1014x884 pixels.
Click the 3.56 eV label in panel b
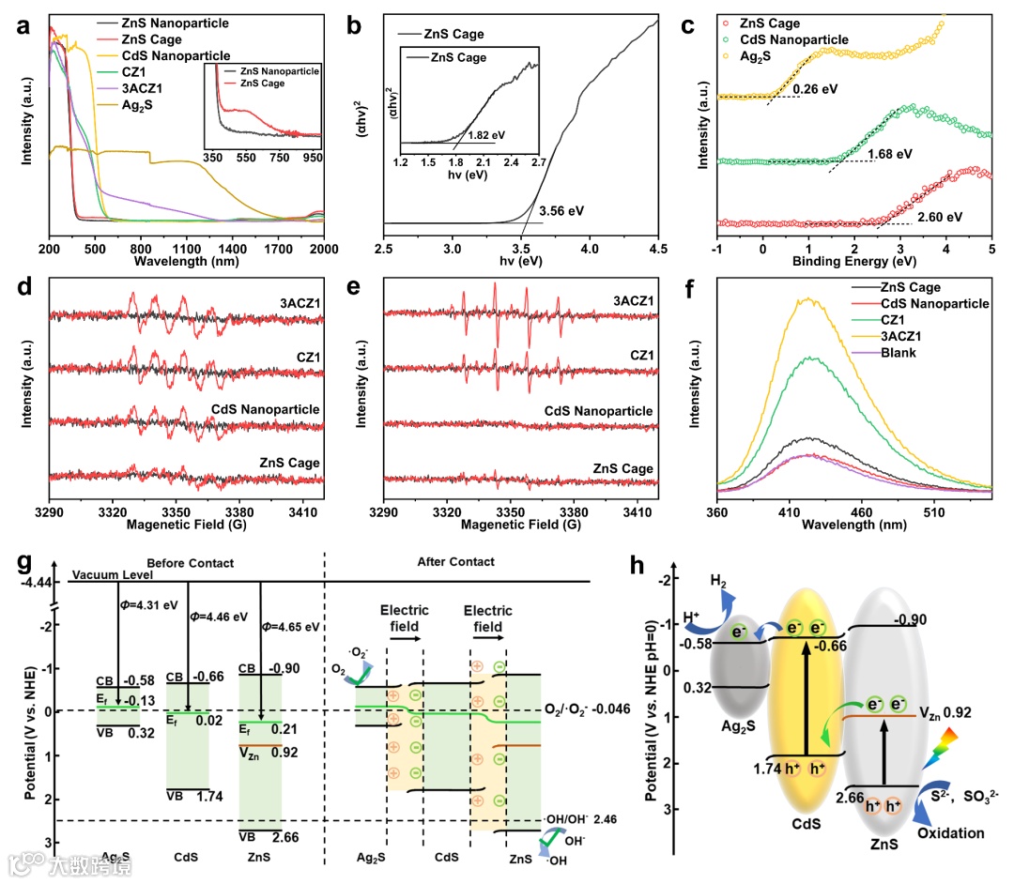point(561,210)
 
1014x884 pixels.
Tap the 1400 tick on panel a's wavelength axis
point(231,250)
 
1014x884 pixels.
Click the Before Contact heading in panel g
point(191,562)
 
